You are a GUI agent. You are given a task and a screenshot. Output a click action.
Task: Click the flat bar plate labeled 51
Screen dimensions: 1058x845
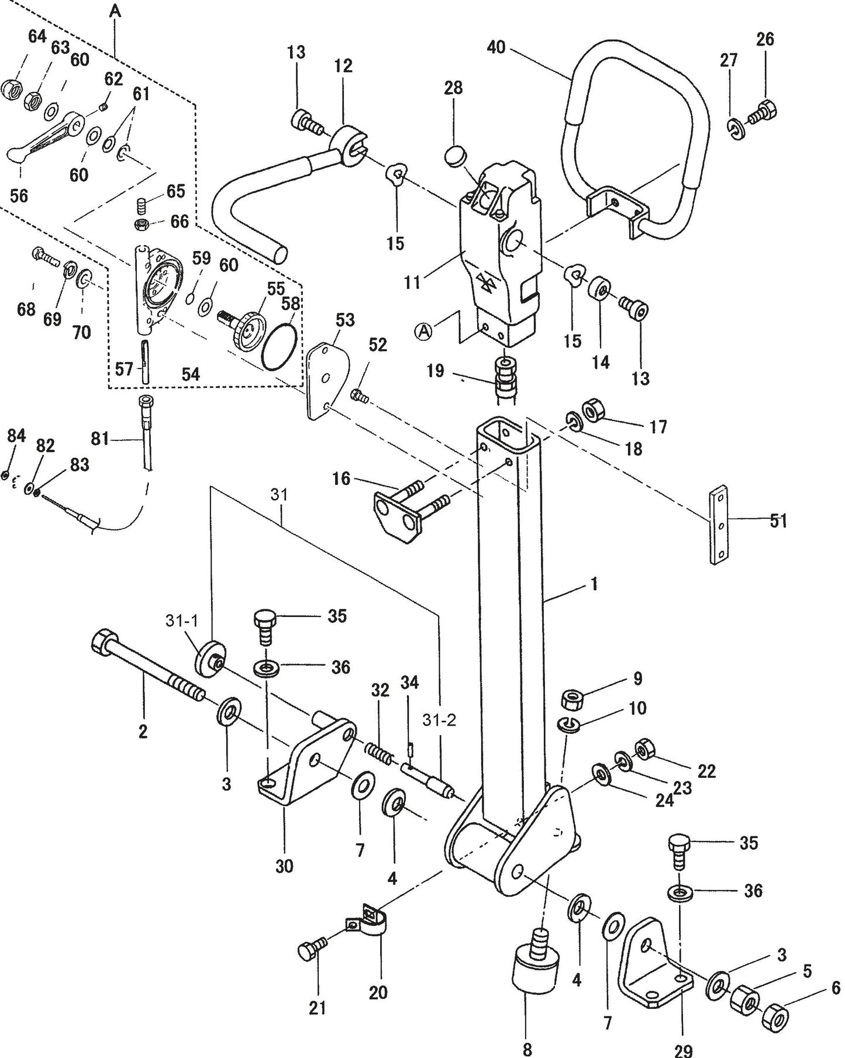[720, 525]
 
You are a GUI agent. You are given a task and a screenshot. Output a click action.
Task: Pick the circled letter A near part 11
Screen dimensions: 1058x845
[424, 332]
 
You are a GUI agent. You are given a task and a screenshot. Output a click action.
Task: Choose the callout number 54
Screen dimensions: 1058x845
[191, 375]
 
